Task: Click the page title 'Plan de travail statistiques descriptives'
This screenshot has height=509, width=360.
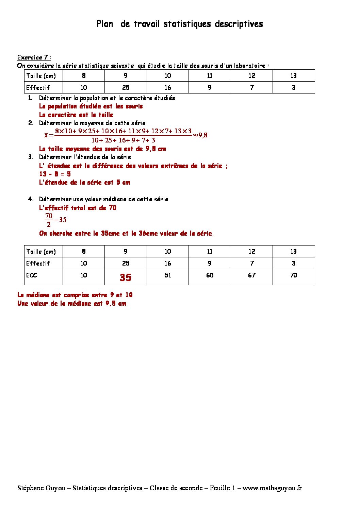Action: tap(180, 24)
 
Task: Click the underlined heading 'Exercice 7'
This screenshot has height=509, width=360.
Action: tap(34, 57)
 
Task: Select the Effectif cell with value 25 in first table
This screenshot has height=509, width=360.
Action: tap(126, 87)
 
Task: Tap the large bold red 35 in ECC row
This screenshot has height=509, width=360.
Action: tap(125, 277)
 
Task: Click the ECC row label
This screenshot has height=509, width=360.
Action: tap(31, 275)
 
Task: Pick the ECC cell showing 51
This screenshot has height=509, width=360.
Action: tap(167, 275)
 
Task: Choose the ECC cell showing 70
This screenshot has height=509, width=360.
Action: tap(293, 275)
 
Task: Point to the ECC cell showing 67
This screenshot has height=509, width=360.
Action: tap(251, 275)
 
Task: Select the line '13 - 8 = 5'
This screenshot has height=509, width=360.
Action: tap(55, 174)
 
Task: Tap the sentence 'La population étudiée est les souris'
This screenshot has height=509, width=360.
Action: tap(91, 106)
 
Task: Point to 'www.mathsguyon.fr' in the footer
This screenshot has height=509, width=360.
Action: tap(272, 488)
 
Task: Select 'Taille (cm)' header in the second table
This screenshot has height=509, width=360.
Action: tap(41, 252)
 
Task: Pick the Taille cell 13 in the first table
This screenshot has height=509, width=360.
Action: tap(293, 75)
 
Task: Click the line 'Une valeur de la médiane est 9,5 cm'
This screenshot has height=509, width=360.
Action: tap(71, 303)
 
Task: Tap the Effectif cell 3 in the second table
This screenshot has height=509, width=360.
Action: tap(293, 263)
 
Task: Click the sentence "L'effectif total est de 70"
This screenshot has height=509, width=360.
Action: tap(78, 208)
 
